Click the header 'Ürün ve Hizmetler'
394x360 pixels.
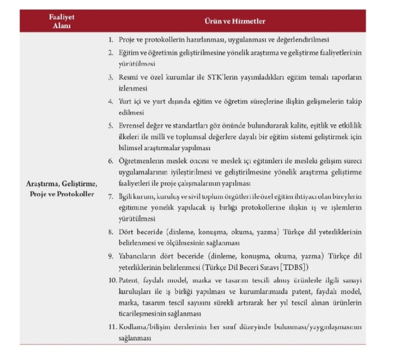click(235, 21)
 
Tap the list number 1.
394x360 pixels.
click(111, 40)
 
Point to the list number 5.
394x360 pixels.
click(111, 125)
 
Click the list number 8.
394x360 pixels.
click(111, 231)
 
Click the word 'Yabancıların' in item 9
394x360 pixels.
click(138, 256)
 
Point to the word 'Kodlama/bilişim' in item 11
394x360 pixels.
click(146, 327)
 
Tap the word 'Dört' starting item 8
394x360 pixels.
click(128, 231)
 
